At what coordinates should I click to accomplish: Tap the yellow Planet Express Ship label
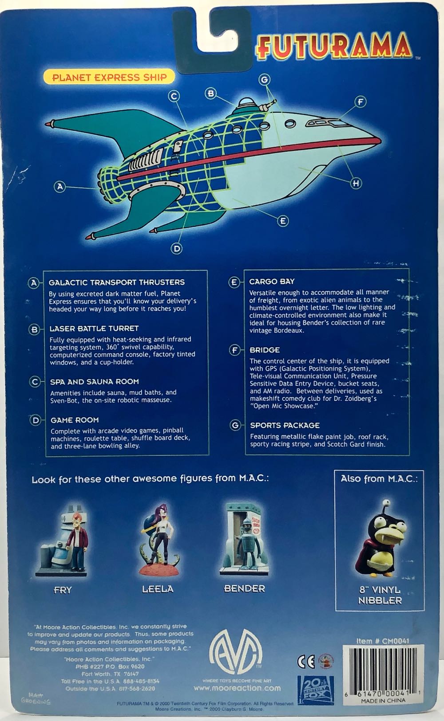coord(110,77)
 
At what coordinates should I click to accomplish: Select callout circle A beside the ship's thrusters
coord(60,187)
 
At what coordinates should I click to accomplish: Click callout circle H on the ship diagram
coord(356,182)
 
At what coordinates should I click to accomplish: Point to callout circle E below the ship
coord(283,220)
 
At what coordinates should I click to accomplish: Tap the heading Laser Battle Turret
coord(94,329)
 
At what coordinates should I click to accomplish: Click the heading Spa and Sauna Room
coord(94,381)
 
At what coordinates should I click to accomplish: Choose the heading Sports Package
coord(285,425)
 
